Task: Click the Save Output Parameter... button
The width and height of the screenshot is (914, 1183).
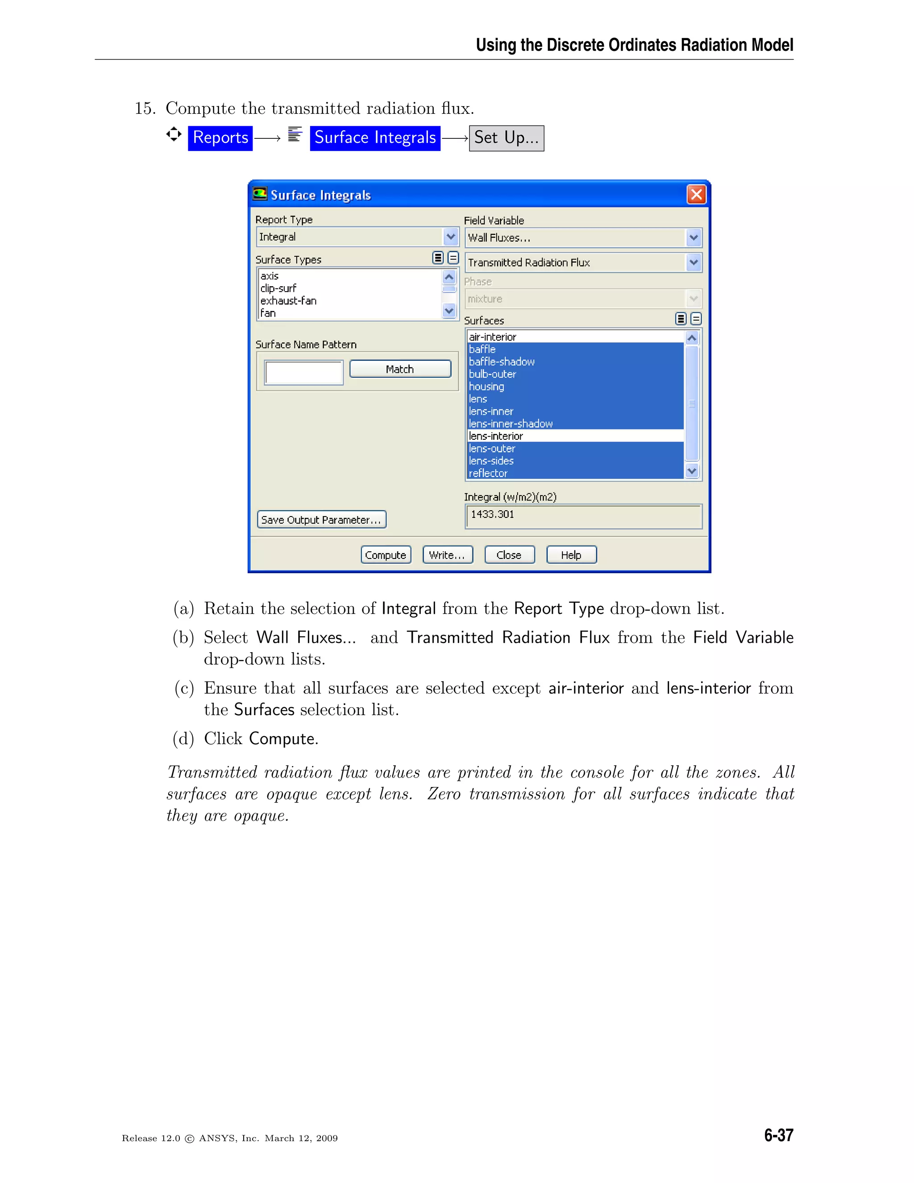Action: coord(321,520)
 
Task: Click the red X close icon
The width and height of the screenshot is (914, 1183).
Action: coord(696,195)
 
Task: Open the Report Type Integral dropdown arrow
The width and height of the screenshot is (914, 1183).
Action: coord(450,237)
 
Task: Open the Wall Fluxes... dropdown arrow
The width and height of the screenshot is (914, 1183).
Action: coord(693,238)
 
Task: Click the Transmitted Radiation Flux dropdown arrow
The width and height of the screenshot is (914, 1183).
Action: coord(693,262)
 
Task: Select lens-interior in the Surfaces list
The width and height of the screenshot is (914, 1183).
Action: coord(496,436)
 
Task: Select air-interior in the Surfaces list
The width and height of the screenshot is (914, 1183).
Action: coord(493,337)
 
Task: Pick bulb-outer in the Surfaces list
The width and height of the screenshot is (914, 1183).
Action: coord(492,374)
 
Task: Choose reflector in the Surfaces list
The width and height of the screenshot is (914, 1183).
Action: coord(488,473)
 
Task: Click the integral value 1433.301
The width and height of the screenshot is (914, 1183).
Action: coord(492,514)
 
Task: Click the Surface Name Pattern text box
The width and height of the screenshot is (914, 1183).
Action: coord(304,373)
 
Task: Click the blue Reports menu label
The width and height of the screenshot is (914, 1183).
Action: coord(220,137)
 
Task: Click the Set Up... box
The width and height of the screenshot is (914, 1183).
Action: coord(506,138)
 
